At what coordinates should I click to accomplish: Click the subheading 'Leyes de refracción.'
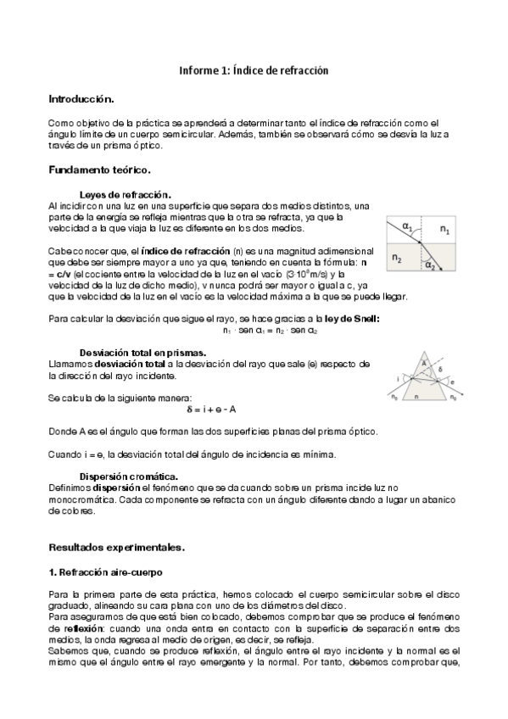pyautogui.click(x=125, y=194)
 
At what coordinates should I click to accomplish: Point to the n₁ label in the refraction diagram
pyautogui.click(x=446, y=231)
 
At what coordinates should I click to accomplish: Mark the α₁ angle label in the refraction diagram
pyautogui.click(x=408, y=226)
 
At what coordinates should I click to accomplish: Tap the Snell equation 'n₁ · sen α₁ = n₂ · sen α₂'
pyautogui.click(x=258, y=330)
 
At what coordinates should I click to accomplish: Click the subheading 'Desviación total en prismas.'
pyautogui.click(x=142, y=351)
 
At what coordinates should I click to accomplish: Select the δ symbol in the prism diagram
pyautogui.click(x=438, y=371)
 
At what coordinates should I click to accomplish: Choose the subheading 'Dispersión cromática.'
pyautogui.click(x=128, y=476)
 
